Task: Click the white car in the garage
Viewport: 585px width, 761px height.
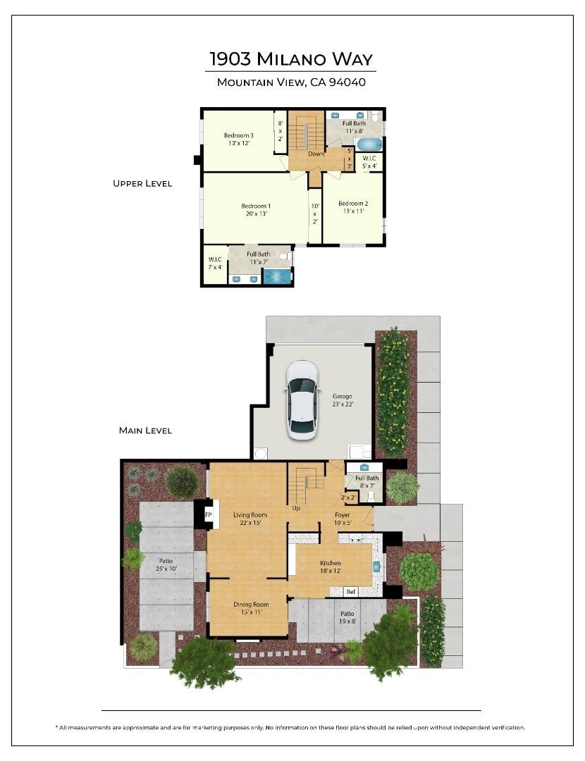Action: (302, 400)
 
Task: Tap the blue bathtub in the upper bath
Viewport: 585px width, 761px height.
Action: (369, 144)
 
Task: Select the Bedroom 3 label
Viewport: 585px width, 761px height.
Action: (238, 140)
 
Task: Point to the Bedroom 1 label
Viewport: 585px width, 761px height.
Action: (256, 210)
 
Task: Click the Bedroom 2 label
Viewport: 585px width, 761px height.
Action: (353, 207)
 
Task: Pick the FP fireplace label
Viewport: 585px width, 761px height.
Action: (208, 514)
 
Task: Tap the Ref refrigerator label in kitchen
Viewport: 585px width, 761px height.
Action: (350, 592)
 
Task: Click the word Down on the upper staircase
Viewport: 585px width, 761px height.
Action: (316, 154)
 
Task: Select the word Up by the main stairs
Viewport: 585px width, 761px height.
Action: (296, 508)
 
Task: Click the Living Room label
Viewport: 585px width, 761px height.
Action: (250, 519)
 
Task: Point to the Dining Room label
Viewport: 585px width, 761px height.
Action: (251, 608)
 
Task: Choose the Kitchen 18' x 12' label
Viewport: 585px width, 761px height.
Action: (330, 567)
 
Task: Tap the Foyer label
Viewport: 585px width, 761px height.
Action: (343, 519)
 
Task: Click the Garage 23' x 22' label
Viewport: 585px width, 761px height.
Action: (343, 400)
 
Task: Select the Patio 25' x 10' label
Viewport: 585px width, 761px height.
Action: (166, 564)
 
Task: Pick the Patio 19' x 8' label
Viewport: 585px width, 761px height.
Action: (347, 617)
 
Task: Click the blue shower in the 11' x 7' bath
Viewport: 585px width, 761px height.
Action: (277, 277)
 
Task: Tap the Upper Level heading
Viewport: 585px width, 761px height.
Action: (142, 183)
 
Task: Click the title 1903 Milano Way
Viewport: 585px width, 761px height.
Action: (291, 58)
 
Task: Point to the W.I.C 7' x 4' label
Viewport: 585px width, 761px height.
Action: (215, 263)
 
